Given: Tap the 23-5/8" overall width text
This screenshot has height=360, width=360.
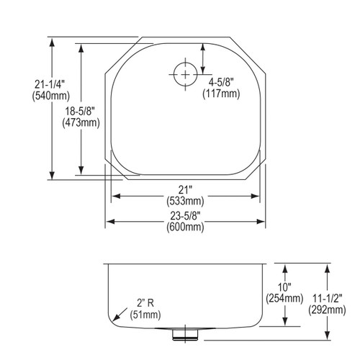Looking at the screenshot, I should (x=184, y=215).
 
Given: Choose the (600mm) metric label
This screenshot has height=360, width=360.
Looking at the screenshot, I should (x=184, y=227).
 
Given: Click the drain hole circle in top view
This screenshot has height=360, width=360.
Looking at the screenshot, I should (x=184, y=73).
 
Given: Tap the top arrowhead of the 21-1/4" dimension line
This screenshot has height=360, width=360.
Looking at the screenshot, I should (x=53, y=42).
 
